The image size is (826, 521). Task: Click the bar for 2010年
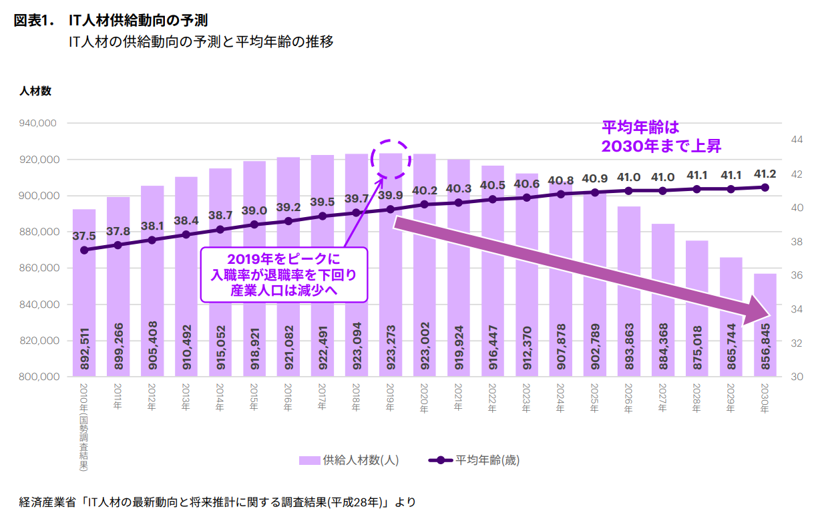tap(84, 294)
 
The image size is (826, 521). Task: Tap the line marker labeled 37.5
tap(84, 250)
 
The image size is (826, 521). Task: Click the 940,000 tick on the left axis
tap(41, 124)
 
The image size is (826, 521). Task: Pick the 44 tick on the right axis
tap(797, 140)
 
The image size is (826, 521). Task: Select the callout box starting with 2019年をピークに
tap(284, 275)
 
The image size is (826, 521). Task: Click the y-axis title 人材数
tap(35, 92)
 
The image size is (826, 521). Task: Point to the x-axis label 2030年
tap(765, 399)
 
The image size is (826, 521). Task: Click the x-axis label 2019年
tap(391, 399)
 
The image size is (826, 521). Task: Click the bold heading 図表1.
tap(33, 21)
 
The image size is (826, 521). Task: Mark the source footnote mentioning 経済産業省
tap(218, 502)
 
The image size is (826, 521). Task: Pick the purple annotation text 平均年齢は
tap(640, 127)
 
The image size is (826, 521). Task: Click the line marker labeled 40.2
tap(425, 204)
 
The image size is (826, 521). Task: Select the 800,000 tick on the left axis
tap(41, 377)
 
